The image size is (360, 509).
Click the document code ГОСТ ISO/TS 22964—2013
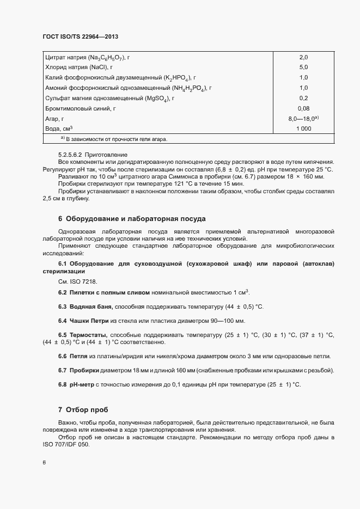point(80,36)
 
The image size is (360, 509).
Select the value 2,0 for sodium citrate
point(303,57)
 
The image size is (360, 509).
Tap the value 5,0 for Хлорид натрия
point(303,67)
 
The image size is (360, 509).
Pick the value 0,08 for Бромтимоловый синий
point(303,108)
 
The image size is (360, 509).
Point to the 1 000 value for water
point(303,128)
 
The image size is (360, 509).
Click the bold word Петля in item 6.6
point(78,356)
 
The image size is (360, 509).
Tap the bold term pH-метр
point(82,385)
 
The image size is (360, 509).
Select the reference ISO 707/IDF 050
point(65,444)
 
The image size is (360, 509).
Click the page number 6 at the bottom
point(44,463)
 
